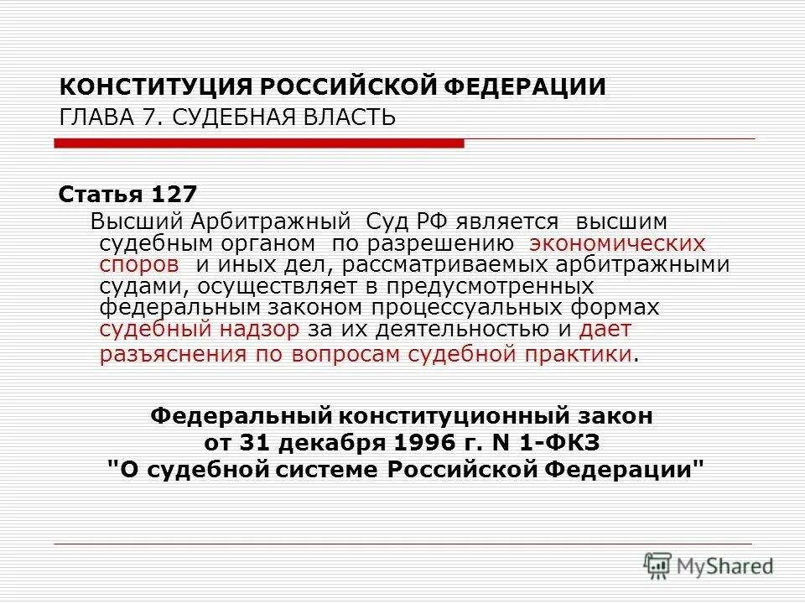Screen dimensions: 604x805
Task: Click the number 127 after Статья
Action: (174, 195)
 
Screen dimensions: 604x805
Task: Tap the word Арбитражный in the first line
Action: (270, 222)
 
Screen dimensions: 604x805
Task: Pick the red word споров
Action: (139, 265)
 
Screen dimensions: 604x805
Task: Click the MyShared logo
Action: (709, 565)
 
